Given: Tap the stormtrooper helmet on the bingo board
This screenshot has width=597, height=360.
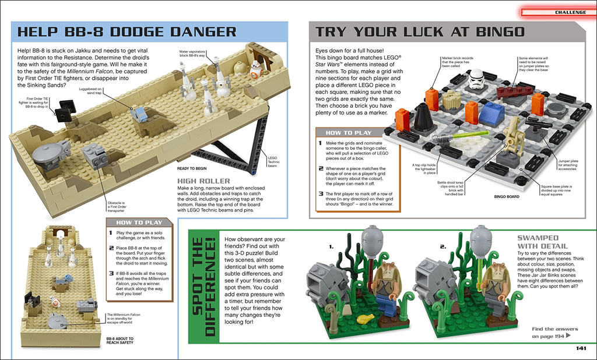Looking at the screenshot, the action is (x=476, y=79).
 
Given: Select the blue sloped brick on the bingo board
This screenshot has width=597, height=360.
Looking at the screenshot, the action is (x=491, y=115).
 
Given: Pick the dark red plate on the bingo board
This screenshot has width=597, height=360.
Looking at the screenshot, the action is (x=514, y=90).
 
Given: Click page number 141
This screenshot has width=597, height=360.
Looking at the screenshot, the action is (x=581, y=348).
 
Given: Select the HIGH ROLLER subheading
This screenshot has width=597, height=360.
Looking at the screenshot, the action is (x=203, y=181).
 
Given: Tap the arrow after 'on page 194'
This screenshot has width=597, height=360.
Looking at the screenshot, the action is (x=568, y=336).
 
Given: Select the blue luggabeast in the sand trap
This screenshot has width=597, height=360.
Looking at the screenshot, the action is (x=139, y=114).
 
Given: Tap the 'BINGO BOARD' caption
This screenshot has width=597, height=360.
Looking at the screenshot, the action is (x=507, y=197).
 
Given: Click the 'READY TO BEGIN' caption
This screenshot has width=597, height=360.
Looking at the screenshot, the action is (x=192, y=168).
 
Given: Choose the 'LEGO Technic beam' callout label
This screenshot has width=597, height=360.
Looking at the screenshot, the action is (x=273, y=162).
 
